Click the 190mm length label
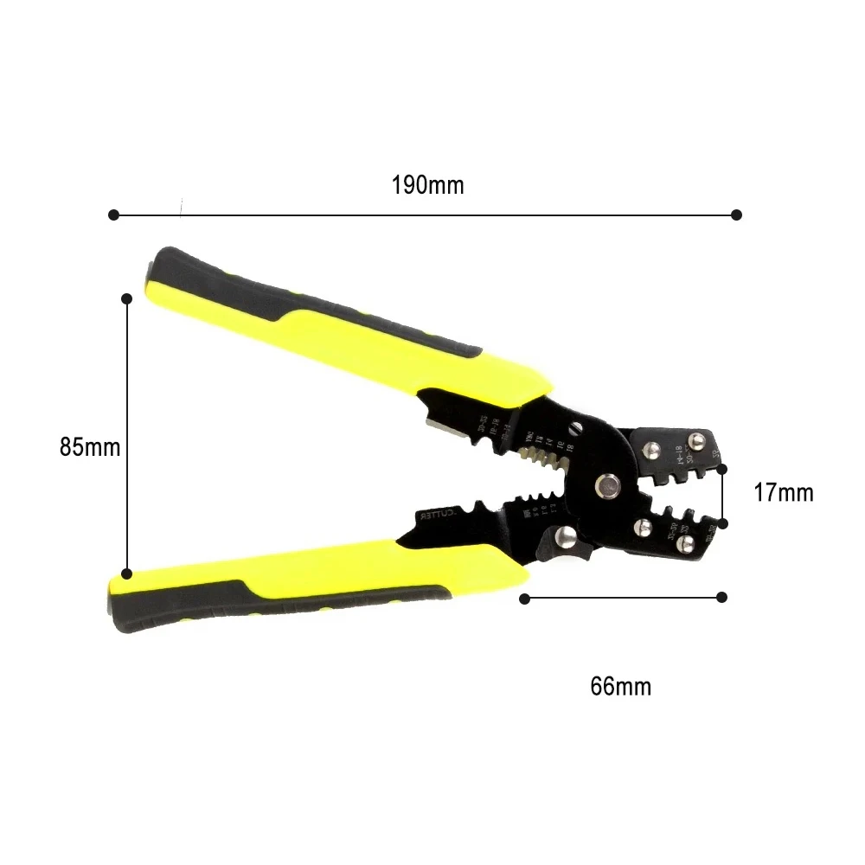coord(427,185)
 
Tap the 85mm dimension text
coord(90,447)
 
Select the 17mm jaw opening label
coord(783,493)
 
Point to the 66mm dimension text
coord(620,687)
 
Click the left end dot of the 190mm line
coord(112,215)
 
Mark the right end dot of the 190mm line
coord(737,215)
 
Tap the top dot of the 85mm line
coord(126,298)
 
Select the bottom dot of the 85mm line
coord(126,573)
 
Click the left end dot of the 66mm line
coord(524,597)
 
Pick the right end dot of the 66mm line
coord(722,597)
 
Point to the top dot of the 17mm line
coord(723,468)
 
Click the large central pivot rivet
coord(608,486)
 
